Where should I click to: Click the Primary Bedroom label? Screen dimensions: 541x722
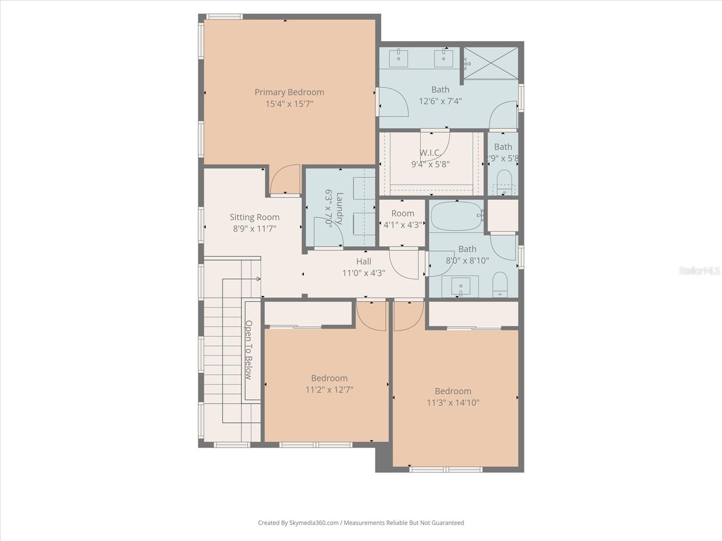pos(289,92)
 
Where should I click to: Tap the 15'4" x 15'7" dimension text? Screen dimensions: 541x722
pos(289,104)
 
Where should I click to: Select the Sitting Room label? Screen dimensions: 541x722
pos(255,217)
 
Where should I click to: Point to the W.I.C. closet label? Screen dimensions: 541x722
pos(430,153)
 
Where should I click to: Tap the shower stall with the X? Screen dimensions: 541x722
pos(491,63)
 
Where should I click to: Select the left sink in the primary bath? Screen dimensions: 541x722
pos(399,58)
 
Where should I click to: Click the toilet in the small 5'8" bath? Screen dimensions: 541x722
pos(504,179)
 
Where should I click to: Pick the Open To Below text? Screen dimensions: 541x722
pos(249,350)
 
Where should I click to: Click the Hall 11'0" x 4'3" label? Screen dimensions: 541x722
pos(364,267)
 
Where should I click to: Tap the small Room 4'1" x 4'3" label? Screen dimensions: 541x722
pos(403,219)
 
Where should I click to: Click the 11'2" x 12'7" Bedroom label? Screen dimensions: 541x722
pos(329,384)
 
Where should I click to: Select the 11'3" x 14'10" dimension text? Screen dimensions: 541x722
pos(453,403)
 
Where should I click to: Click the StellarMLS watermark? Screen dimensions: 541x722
pos(699,271)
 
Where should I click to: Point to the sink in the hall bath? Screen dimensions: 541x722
pos(460,286)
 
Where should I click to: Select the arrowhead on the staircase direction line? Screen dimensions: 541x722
pos(259,279)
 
